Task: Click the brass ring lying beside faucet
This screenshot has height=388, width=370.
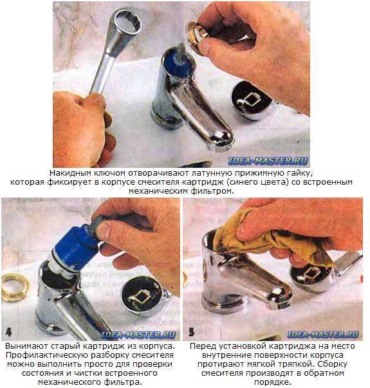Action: tap(15, 287)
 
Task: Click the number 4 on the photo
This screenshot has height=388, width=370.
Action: tap(8, 331)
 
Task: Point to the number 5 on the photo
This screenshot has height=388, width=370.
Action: tap(191, 331)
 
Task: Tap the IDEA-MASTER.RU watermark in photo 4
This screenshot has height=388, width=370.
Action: tap(138, 335)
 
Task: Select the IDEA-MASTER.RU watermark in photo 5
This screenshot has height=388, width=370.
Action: tap(323, 335)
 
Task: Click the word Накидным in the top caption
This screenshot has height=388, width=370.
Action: tap(67, 172)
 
